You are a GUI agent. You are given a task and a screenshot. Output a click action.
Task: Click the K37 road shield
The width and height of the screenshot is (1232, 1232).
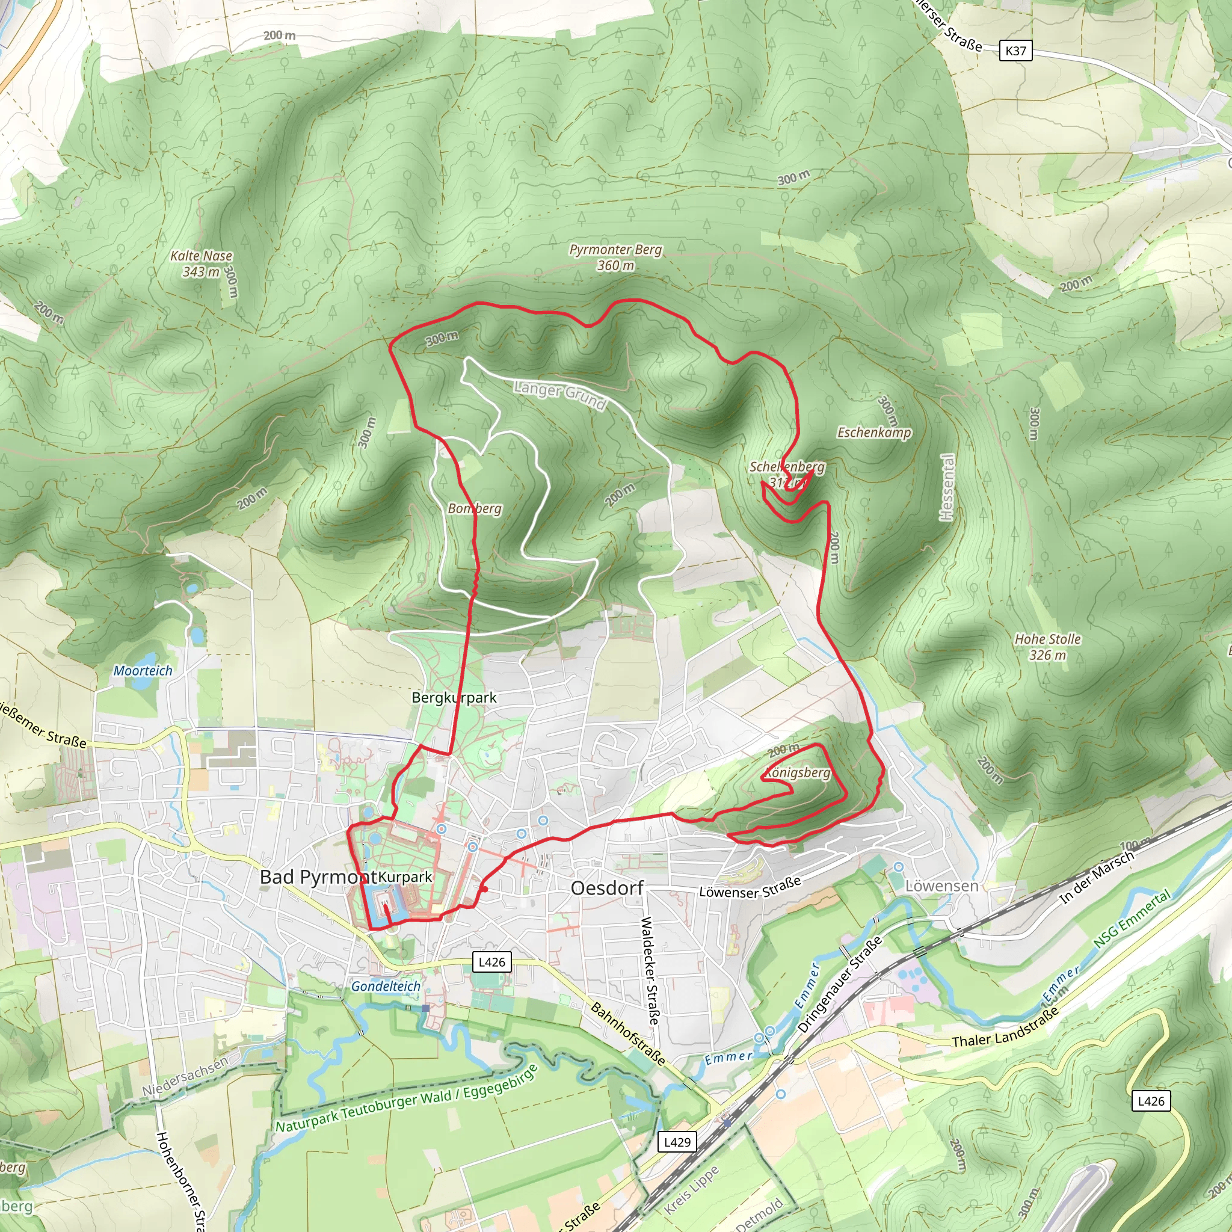point(1015,51)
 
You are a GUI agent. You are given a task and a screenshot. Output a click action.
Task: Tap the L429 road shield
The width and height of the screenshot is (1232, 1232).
point(677,1141)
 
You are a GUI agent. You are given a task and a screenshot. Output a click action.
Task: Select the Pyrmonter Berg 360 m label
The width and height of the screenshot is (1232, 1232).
point(615,257)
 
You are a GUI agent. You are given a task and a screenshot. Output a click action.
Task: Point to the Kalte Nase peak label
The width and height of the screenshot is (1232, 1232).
point(201,263)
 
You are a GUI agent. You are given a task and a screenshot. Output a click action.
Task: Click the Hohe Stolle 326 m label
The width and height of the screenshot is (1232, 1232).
point(1048,647)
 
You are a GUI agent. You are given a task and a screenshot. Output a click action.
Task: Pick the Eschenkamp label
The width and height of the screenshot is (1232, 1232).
point(873,433)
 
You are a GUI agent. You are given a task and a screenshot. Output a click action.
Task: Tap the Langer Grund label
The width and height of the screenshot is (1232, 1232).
point(559,395)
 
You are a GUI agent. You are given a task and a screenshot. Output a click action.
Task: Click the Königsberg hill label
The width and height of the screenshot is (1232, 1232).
point(798,773)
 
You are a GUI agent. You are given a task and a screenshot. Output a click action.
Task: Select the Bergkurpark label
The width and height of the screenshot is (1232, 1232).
point(454,697)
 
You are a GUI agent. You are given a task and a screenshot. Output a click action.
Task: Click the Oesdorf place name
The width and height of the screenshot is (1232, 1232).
point(607,888)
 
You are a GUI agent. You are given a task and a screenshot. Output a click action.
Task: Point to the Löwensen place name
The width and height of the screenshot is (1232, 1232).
point(941,885)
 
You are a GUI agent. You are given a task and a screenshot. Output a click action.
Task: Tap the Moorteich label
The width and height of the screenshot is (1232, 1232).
point(143,670)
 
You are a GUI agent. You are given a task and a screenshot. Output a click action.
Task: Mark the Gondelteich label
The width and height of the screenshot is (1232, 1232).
point(386,986)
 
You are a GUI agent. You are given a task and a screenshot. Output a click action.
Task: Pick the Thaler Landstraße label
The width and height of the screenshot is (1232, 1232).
point(1005,1029)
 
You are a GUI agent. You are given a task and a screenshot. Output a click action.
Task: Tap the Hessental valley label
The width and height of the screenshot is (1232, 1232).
point(947,487)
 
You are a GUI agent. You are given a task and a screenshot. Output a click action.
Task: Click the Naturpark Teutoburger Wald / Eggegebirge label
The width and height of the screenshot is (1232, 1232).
point(406,1098)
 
